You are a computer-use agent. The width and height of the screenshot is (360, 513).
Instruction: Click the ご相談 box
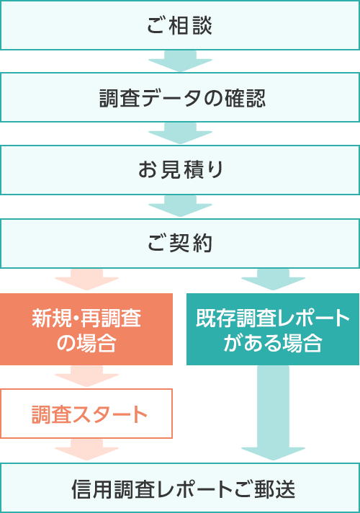coord(180,25)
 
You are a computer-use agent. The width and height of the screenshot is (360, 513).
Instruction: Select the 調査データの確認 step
coord(180,97)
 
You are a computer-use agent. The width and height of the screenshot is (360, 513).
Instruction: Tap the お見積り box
coord(180,170)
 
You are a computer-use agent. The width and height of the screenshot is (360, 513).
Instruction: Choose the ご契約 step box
coord(180,244)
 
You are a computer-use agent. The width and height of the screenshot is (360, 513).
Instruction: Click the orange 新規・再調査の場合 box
coord(86,329)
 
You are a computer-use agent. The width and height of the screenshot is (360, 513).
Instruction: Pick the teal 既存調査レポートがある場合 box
coord(273,329)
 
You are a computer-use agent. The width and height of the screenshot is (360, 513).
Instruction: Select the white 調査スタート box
coord(86,414)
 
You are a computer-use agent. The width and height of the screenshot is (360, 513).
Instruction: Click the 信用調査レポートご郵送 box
coord(180,488)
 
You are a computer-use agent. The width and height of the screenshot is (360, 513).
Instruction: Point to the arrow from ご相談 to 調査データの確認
coord(180,61)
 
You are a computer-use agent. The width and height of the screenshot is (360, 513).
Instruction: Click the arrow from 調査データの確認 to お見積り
coord(180,133)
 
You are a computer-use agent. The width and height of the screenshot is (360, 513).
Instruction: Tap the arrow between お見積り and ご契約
coord(180,207)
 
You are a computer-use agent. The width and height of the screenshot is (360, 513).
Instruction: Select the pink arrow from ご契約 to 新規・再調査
coord(86,280)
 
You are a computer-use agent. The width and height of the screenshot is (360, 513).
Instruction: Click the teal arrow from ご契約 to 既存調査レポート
coord(273,280)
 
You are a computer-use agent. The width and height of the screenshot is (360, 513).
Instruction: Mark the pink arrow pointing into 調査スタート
coord(86,376)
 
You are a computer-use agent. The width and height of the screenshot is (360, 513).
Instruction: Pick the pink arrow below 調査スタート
coord(86,450)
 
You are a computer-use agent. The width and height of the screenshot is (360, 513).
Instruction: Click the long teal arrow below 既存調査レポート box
coord(273,413)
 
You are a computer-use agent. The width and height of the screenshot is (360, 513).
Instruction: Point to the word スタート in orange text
coord(109,414)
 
